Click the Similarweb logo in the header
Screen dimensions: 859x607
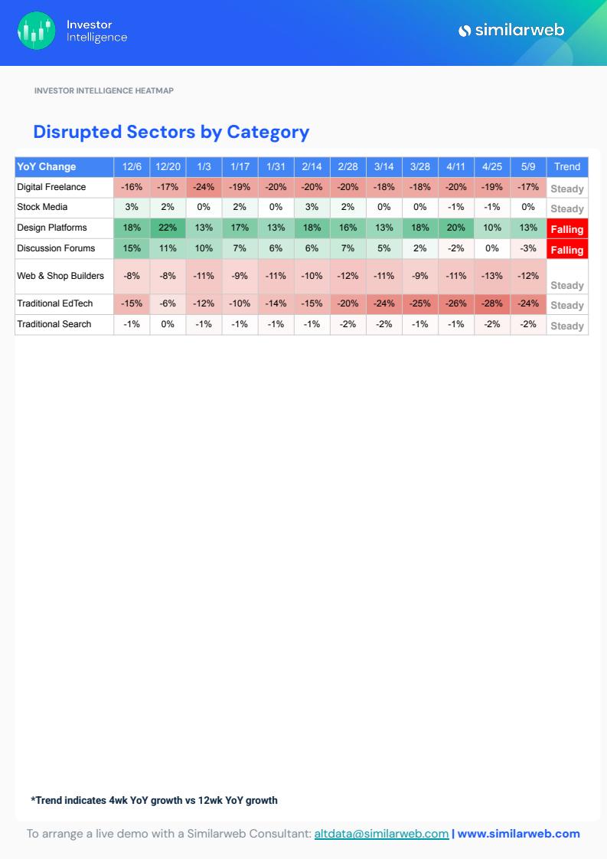(x=511, y=31)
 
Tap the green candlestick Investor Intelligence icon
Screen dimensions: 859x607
(x=36, y=31)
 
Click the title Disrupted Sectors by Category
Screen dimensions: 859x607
(x=171, y=132)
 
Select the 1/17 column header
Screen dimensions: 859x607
(x=240, y=166)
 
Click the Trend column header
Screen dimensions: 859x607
(x=567, y=166)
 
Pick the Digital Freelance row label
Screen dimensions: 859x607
(x=51, y=187)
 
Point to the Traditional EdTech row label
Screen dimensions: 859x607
(x=54, y=303)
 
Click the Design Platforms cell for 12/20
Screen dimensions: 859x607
(x=168, y=228)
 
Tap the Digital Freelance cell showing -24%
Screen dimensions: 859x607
(x=204, y=187)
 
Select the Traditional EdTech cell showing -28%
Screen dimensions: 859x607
(x=492, y=303)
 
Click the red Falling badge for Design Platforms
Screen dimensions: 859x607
(x=567, y=229)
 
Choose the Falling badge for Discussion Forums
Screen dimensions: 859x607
(x=567, y=250)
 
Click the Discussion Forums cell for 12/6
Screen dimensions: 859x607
(x=132, y=248)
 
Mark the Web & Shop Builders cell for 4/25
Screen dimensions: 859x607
(x=492, y=276)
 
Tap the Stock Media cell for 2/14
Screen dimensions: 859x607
(x=312, y=207)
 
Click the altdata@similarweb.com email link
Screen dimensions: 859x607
(x=381, y=834)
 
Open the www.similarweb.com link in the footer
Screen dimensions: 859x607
(x=518, y=834)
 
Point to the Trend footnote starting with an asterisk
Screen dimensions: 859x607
(x=154, y=800)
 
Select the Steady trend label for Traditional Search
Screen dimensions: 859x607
(x=567, y=326)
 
